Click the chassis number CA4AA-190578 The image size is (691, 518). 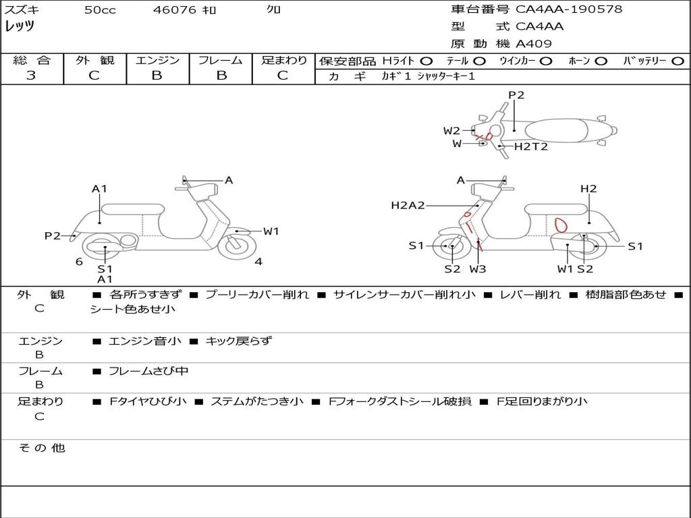(x=569, y=9)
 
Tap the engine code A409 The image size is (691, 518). (x=534, y=44)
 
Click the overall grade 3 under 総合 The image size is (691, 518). (x=31, y=76)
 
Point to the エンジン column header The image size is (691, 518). (x=157, y=60)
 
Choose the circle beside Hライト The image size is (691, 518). (x=426, y=61)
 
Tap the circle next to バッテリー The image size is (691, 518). (x=678, y=61)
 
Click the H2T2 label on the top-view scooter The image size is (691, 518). (x=531, y=146)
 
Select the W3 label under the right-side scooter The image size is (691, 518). (x=478, y=268)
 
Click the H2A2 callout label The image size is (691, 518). (x=408, y=205)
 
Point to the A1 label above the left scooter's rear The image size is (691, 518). (x=99, y=189)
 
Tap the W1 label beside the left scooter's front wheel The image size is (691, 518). (x=271, y=231)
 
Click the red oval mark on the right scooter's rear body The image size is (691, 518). (x=561, y=225)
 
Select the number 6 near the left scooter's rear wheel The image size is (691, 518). (x=79, y=262)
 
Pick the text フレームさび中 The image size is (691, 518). (x=148, y=372)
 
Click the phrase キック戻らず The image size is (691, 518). (x=238, y=341)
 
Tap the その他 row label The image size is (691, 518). (x=42, y=448)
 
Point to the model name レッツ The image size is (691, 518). (x=20, y=26)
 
